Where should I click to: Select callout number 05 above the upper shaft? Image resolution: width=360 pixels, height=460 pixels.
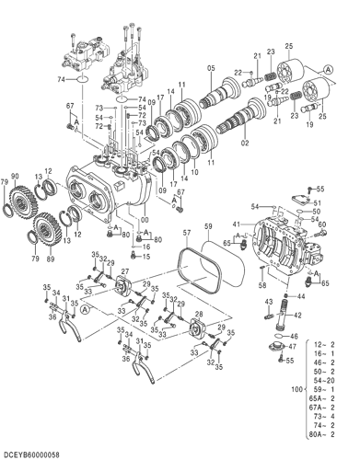tap(211, 68)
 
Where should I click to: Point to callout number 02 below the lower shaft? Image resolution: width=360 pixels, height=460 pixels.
tap(245, 144)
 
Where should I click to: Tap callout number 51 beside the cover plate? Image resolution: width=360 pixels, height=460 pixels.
tap(318, 203)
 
